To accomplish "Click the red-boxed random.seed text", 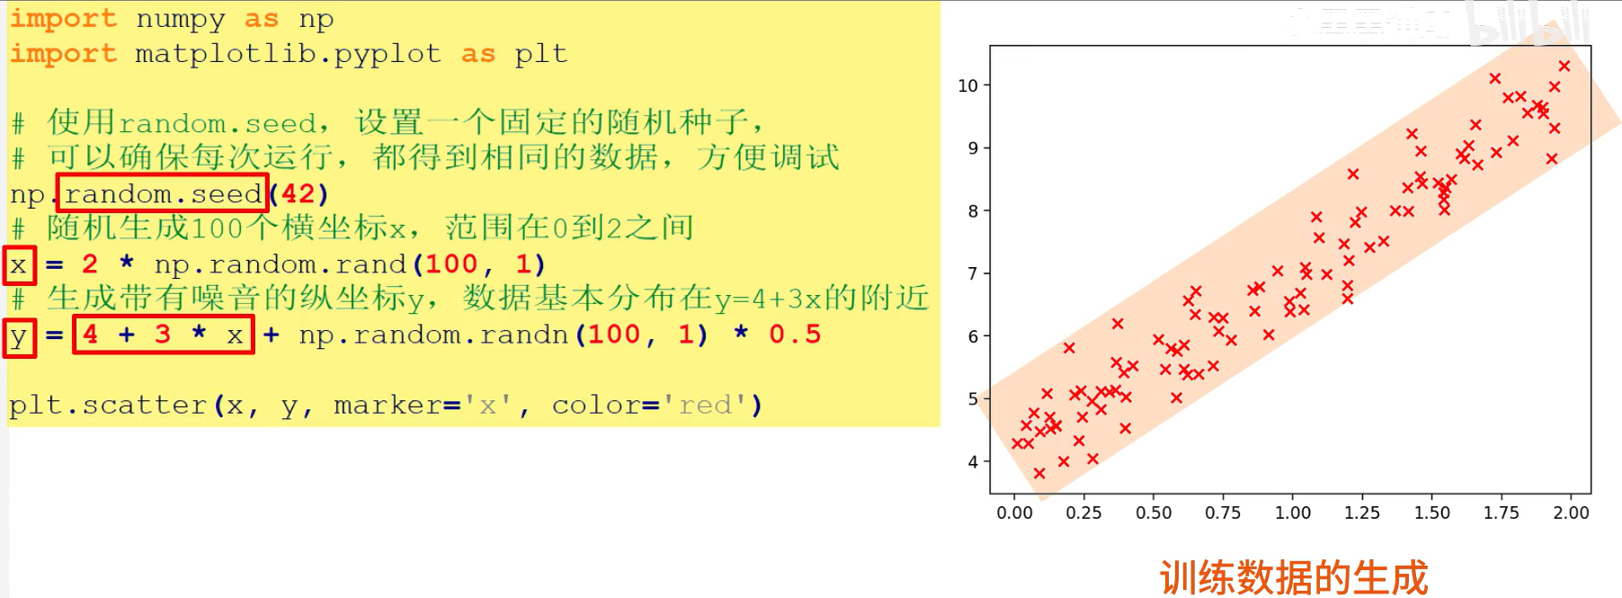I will [x=163, y=193].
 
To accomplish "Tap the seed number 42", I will [x=299, y=193].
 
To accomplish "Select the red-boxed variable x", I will [x=19, y=265].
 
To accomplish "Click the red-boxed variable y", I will [x=19, y=338].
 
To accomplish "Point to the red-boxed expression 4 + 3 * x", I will [x=163, y=335].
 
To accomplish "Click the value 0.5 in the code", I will [x=795, y=335].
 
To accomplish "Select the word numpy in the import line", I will [x=180, y=19].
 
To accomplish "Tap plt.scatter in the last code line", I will [x=108, y=406].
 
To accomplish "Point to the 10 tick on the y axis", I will [x=967, y=85].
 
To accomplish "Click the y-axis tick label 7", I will [x=973, y=273].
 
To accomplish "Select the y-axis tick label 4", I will [x=973, y=461].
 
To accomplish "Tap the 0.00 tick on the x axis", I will [x=1014, y=513].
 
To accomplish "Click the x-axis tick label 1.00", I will [x=1293, y=513].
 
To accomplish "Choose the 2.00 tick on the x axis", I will [x=1571, y=513].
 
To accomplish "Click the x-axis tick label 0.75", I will [x=1223, y=513].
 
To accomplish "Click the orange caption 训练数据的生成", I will [x=1293, y=576].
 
